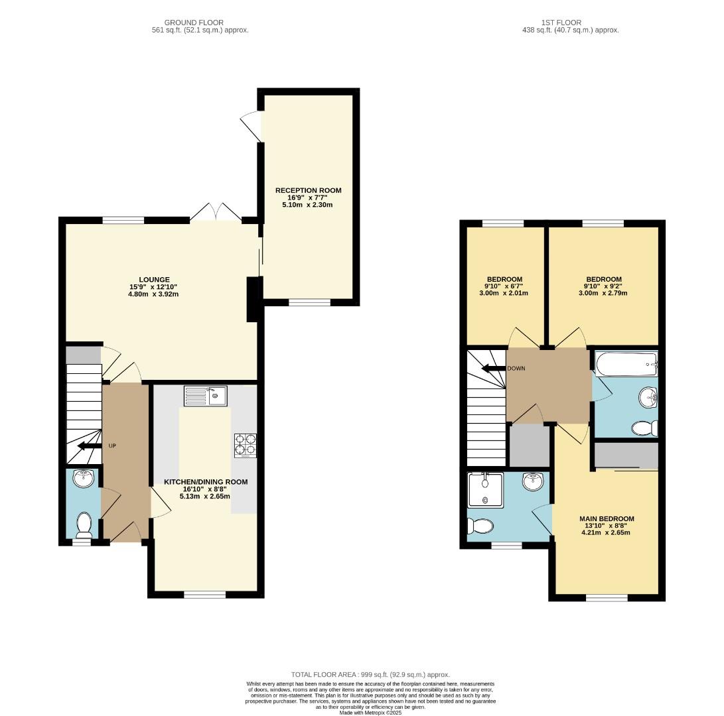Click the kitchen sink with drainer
(x=206, y=396)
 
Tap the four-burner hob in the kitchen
(x=245, y=446)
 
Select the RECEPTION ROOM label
(x=309, y=190)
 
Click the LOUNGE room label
(x=154, y=279)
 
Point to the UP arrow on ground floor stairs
(x=85, y=446)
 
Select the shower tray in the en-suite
(x=486, y=489)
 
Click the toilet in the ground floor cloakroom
(x=84, y=524)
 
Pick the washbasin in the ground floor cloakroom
(x=84, y=477)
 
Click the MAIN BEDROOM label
(x=607, y=518)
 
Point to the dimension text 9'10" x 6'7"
(x=504, y=286)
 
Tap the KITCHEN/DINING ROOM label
(x=207, y=482)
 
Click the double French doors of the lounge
(x=216, y=212)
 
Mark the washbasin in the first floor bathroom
(x=648, y=398)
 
